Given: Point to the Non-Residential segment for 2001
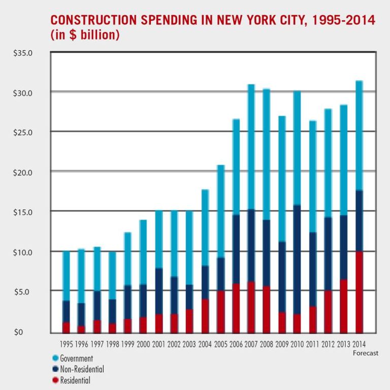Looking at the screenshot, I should coord(158,291).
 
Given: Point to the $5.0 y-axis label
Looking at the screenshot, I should coord(23,292).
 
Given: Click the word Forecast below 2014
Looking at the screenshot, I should coord(364,353).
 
